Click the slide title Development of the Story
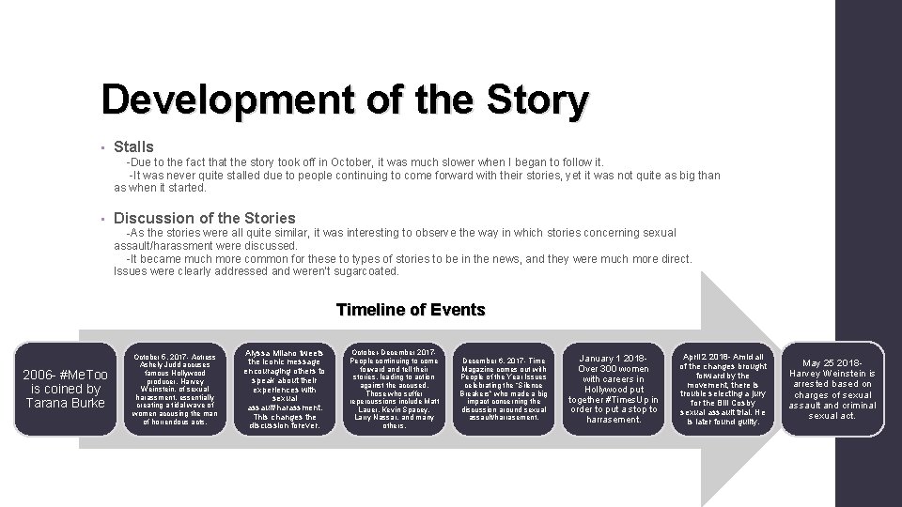[345, 100]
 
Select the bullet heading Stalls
[133, 146]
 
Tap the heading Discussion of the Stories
[204, 218]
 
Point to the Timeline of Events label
[410, 310]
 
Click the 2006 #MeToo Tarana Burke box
[66, 389]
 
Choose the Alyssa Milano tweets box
[284, 389]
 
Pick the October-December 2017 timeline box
[394, 389]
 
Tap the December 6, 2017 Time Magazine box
[503, 389]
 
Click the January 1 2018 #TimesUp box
[613, 389]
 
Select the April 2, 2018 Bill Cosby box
[723, 389]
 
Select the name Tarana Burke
[67, 404]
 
